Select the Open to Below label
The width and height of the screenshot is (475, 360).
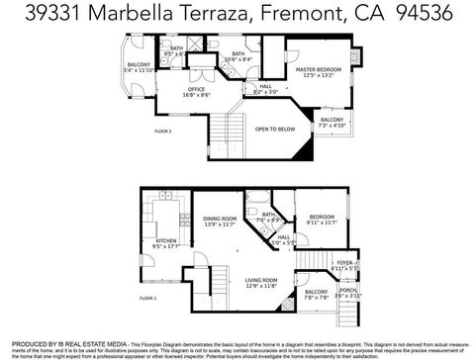[274, 129]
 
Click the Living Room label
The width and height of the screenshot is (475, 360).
[262, 283]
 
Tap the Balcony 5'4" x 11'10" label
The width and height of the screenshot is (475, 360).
[138, 67]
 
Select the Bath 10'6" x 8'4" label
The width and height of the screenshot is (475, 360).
[237, 56]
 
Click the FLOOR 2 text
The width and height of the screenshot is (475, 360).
[163, 131]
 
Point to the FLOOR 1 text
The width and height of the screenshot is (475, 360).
[147, 297]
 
